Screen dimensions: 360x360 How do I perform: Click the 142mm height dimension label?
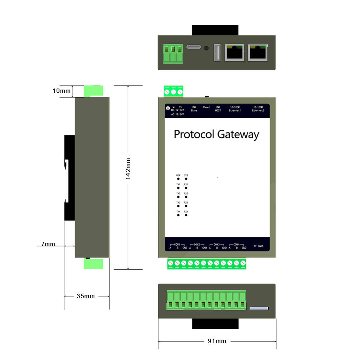point(128,169)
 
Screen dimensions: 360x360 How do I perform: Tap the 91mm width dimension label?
point(217,341)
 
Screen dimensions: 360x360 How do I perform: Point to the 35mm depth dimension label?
point(86,296)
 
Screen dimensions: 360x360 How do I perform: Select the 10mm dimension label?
point(61,91)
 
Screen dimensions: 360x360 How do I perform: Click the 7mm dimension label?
point(48,244)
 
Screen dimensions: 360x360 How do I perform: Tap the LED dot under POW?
point(178,179)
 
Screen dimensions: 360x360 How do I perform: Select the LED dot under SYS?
point(186,179)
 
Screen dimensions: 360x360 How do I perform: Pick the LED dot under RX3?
point(186,207)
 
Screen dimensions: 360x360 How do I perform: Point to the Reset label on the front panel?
point(207,107)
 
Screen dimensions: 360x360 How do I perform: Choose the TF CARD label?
point(258,246)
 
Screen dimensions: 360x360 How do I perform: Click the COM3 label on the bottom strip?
point(217,244)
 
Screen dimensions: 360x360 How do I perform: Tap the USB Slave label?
point(194,109)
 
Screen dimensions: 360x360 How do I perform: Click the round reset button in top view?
point(206,48)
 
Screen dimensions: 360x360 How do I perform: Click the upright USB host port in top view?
point(216,52)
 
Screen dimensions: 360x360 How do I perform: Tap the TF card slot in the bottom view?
point(259,308)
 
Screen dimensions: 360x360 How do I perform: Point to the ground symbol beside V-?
point(168,108)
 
